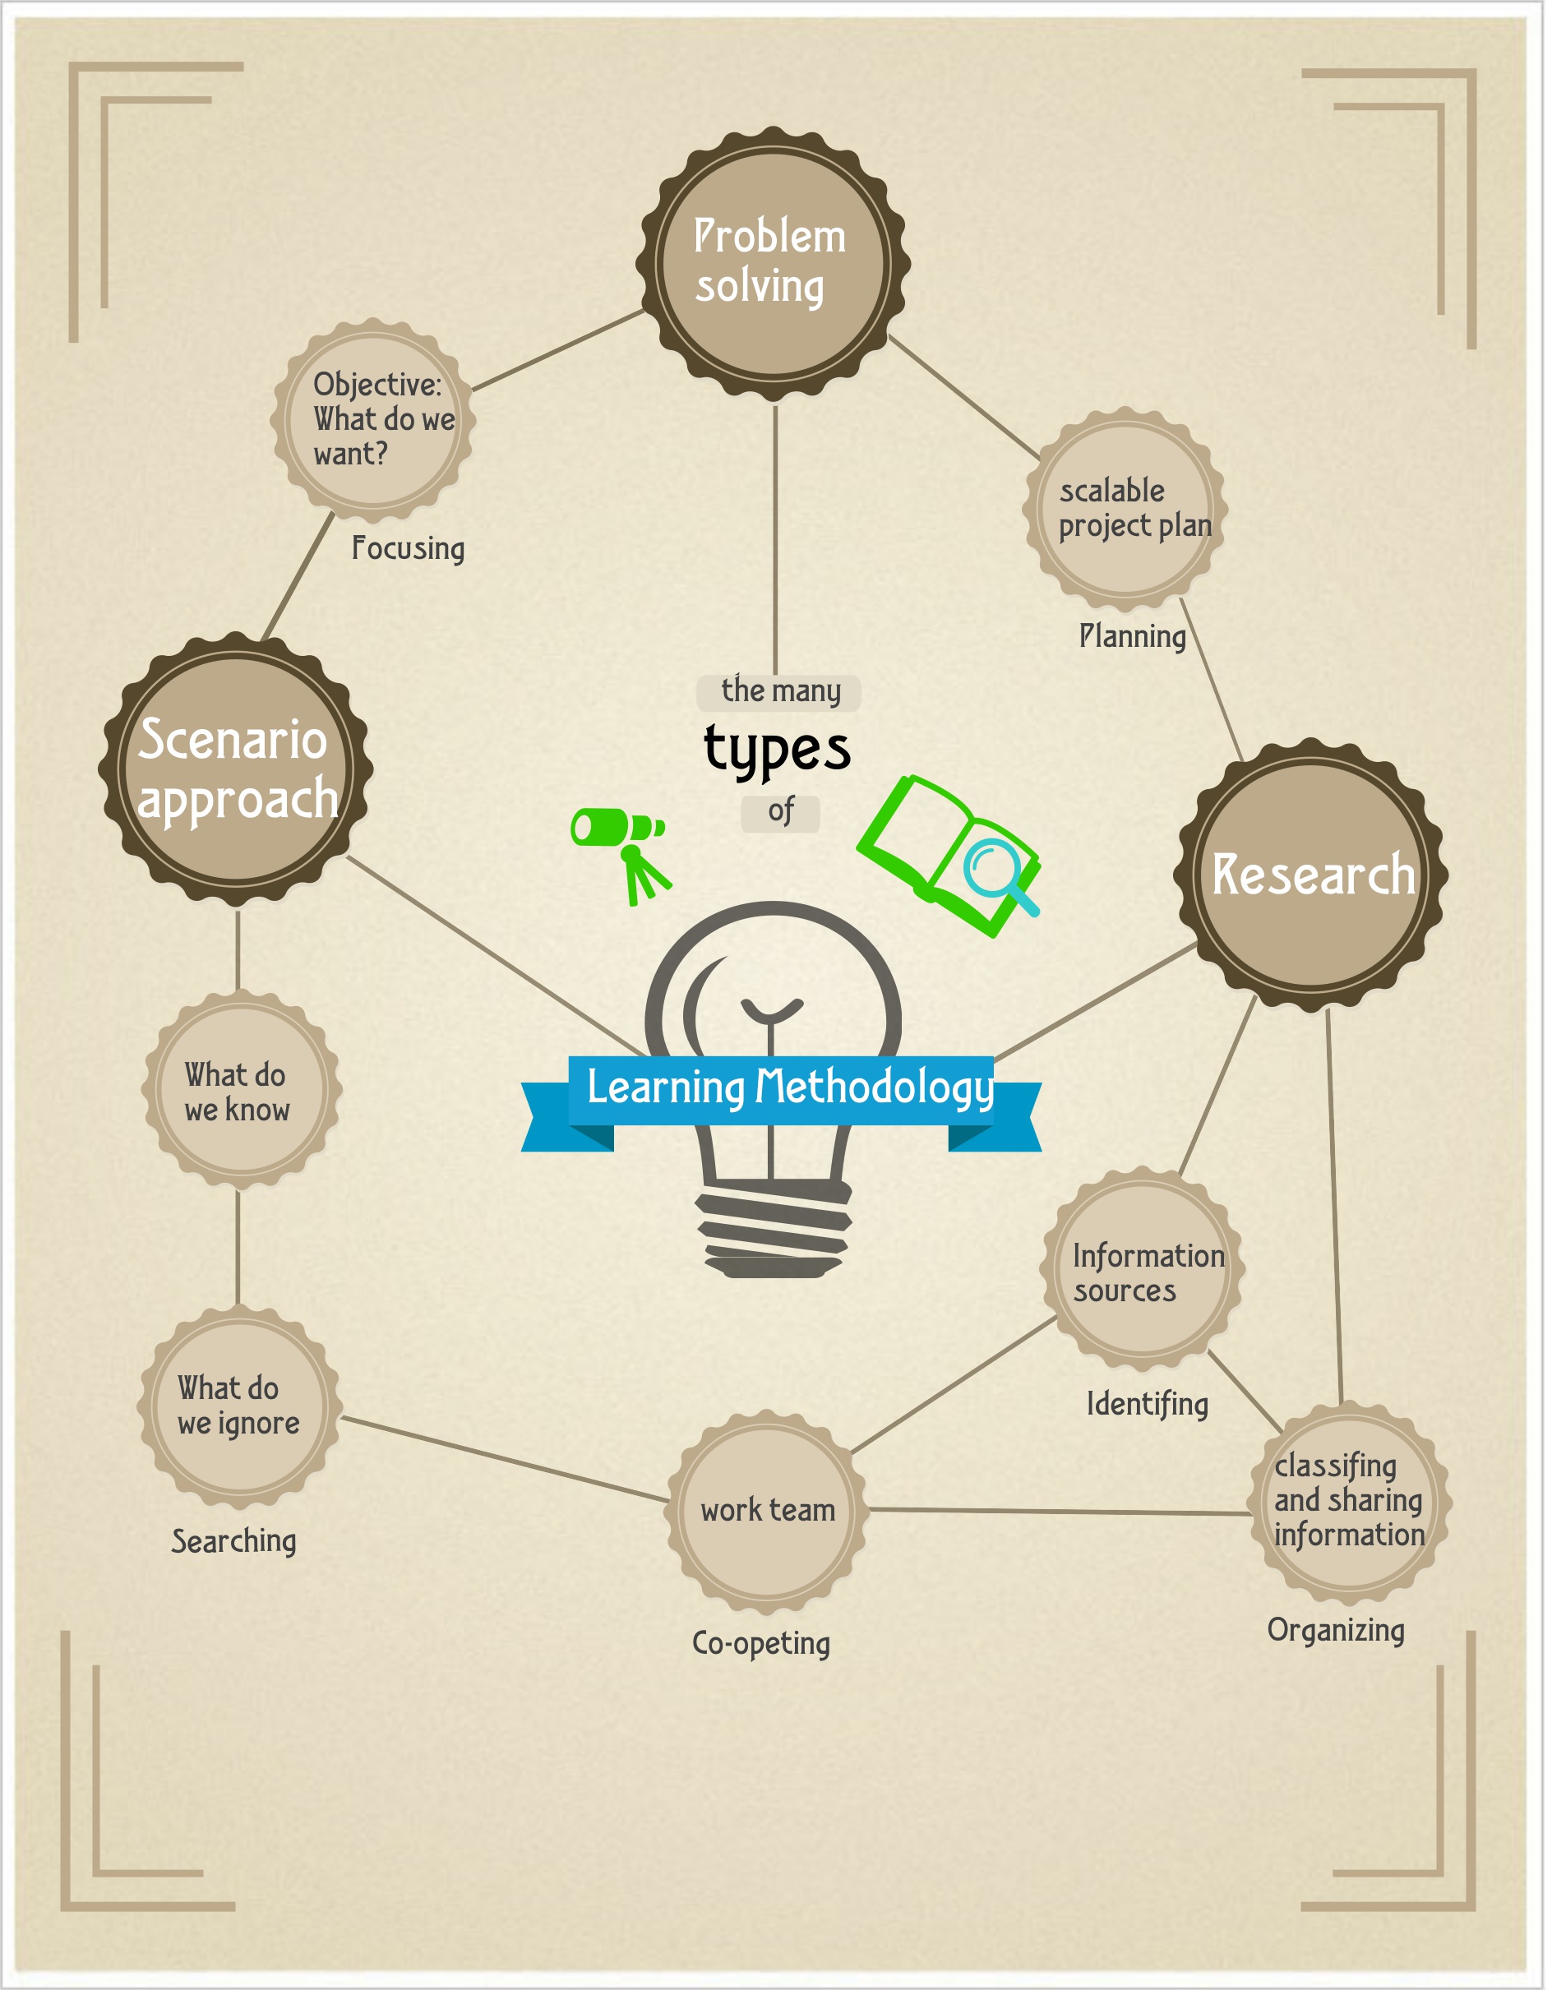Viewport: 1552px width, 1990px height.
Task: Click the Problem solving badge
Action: click(773, 264)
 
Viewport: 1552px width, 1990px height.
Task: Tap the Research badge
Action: click(1311, 875)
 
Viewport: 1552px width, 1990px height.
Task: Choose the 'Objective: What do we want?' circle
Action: click(374, 420)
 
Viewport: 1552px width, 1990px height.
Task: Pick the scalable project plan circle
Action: click(1126, 509)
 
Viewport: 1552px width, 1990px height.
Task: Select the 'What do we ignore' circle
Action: click(238, 1405)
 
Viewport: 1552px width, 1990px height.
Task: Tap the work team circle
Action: click(766, 1510)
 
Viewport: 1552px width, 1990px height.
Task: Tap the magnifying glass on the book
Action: click(998, 872)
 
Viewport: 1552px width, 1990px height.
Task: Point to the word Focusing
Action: click(409, 548)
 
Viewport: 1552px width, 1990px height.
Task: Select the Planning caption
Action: click(1132, 636)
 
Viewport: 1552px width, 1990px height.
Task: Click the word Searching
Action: click(234, 1541)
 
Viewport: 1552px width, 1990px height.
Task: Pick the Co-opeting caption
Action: click(761, 1643)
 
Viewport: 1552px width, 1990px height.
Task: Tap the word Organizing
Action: click(1335, 1630)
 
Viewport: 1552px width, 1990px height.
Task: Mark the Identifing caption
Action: click(1148, 1404)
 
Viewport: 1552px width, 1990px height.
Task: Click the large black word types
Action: click(778, 750)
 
